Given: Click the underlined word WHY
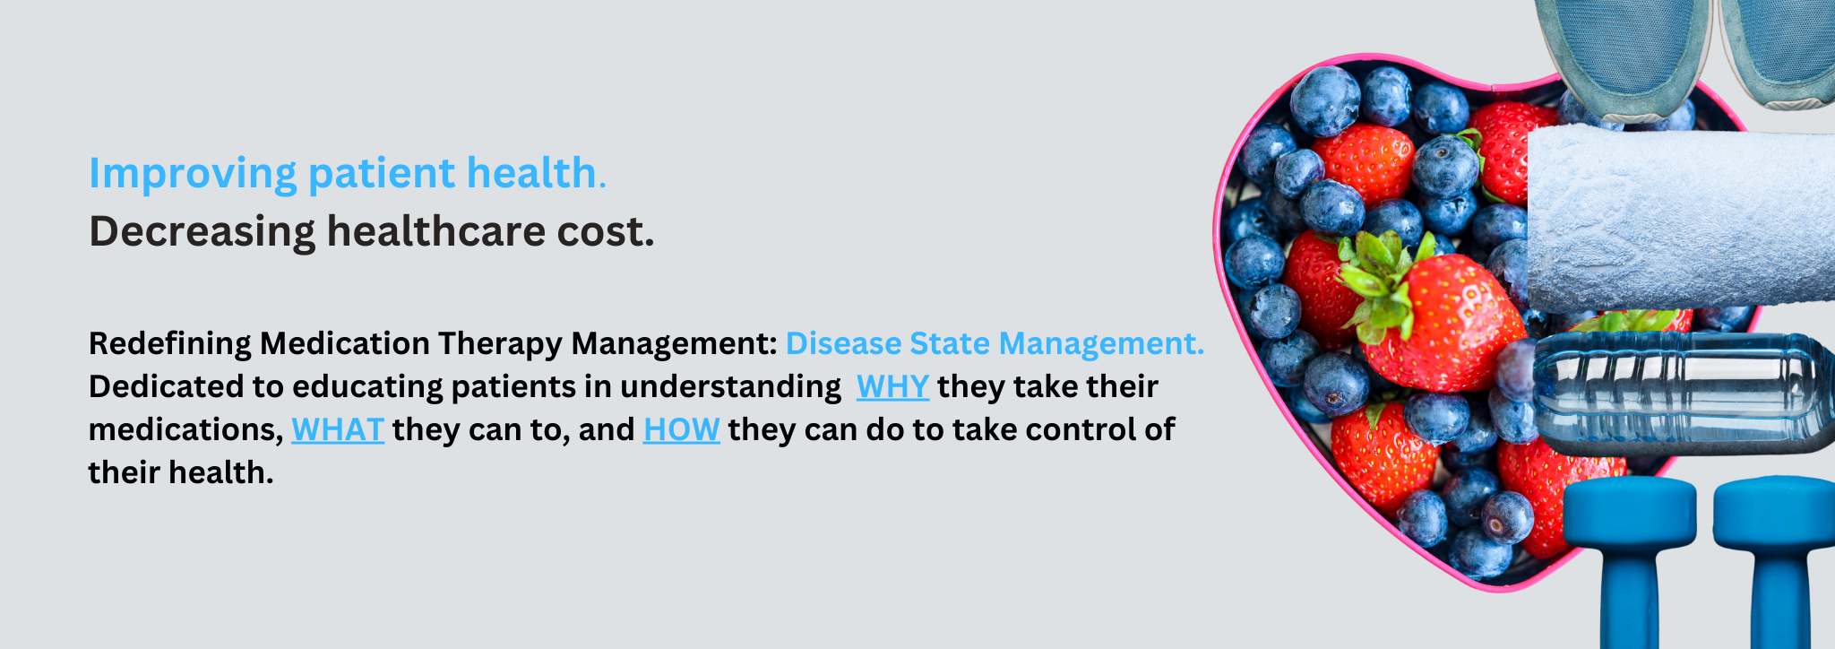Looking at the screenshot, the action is pyautogui.click(x=892, y=386).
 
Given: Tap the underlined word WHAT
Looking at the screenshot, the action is pyautogui.click(x=338, y=429).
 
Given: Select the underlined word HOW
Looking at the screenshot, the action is pyautogui.click(x=681, y=429).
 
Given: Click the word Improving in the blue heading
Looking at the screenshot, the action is pyautogui.click(x=193, y=174).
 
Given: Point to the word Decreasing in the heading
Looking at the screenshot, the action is pyautogui.click(x=202, y=232).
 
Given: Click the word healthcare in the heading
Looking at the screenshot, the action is pyautogui.click(x=436, y=230).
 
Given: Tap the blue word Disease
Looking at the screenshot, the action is pyautogui.click(x=843, y=343).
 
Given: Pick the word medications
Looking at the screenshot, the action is pyautogui.click(x=185, y=430).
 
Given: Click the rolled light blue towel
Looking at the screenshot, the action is pyautogui.click(x=1681, y=220).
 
